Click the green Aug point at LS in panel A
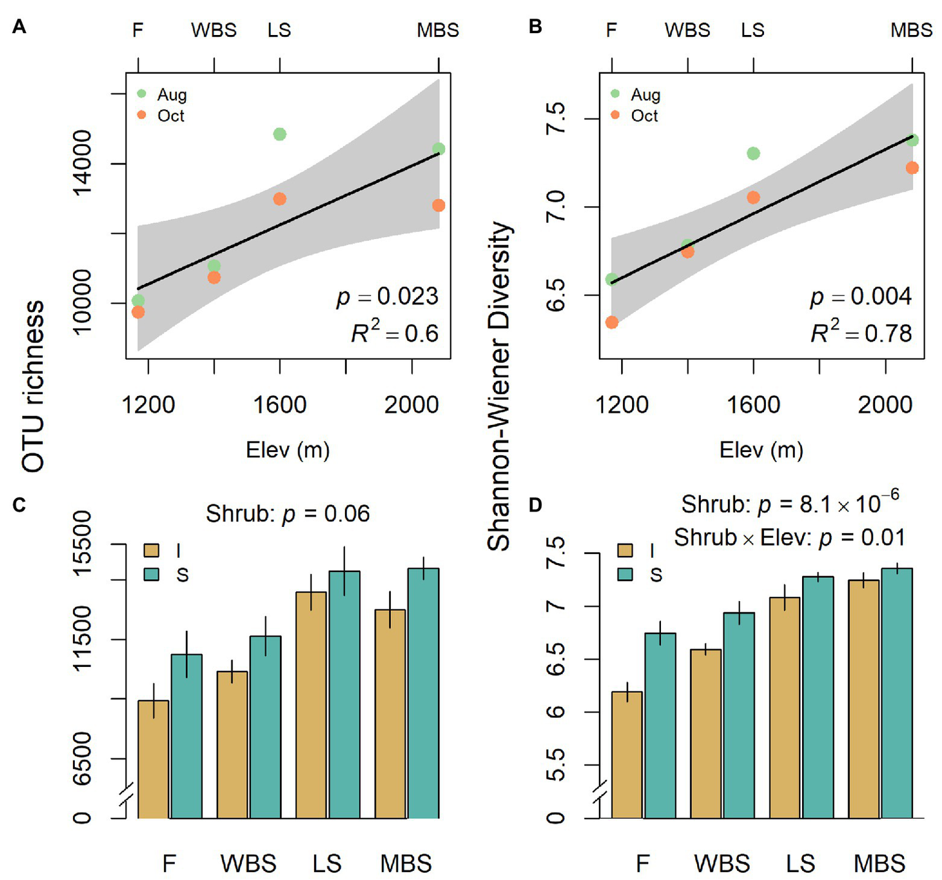[279, 134]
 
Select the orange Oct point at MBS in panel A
[438, 205]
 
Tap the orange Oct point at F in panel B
[611, 322]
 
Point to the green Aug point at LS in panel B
[753, 154]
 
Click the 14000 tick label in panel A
[82, 163]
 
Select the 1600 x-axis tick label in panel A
[279, 405]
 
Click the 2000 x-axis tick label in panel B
[884, 405]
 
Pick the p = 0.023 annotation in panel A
[387, 297]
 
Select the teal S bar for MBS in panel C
[423, 694]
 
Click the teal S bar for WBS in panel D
[739, 715]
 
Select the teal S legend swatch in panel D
[625, 574]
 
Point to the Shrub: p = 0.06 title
[288, 513]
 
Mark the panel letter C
[19, 504]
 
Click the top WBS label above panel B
[687, 29]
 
